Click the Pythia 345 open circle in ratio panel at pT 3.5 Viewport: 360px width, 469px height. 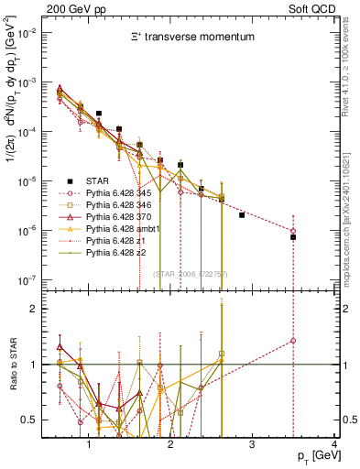tap(293, 341)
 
